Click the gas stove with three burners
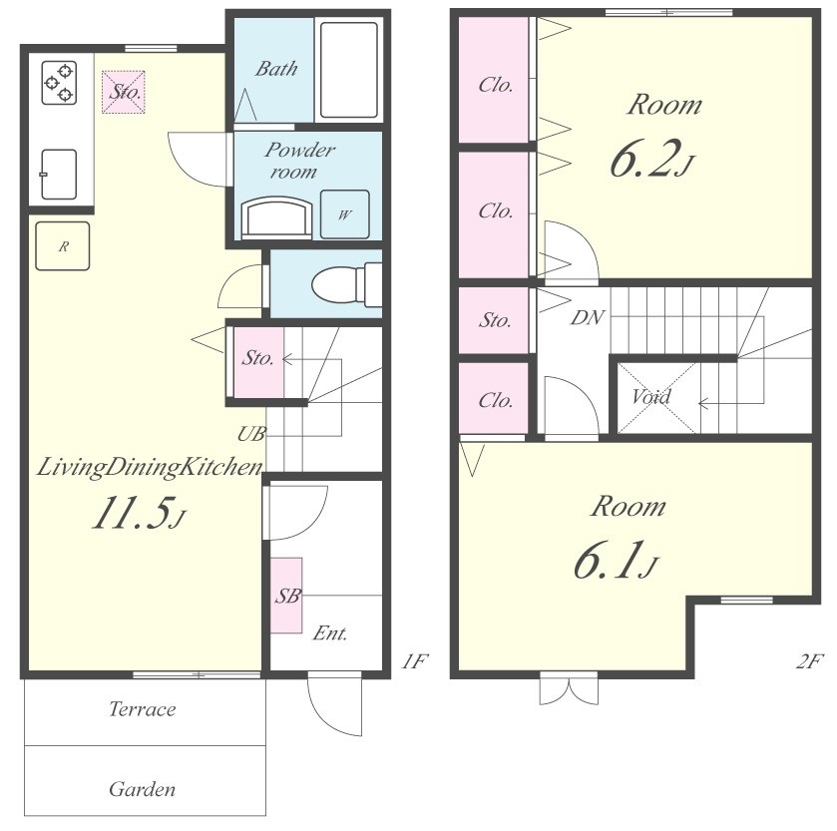click(59, 83)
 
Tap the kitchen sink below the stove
click(59, 175)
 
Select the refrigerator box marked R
click(63, 246)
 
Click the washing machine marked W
click(345, 214)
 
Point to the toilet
click(346, 285)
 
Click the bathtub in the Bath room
click(349, 70)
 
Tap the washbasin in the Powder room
click(276, 217)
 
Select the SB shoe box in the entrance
click(286, 596)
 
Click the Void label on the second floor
click(651, 397)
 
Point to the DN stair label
click(588, 318)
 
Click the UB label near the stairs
click(251, 434)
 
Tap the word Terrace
click(143, 709)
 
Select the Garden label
click(142, 789)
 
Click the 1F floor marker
click(415, 661)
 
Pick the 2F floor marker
click(809, 661)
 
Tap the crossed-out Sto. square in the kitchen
click(124, 92)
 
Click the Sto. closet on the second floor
click(494, 320)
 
